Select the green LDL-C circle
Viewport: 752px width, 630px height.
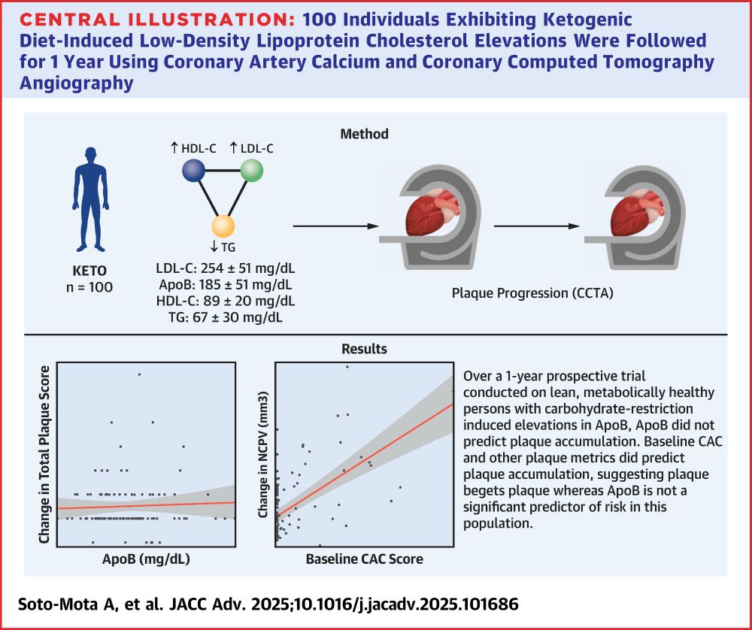point(253,171)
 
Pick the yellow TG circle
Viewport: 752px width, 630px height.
point(224,226)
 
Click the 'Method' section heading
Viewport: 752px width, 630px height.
point(364,134)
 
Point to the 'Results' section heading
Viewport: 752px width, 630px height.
point(364,348)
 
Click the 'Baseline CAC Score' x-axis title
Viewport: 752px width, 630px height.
point(364,559)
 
